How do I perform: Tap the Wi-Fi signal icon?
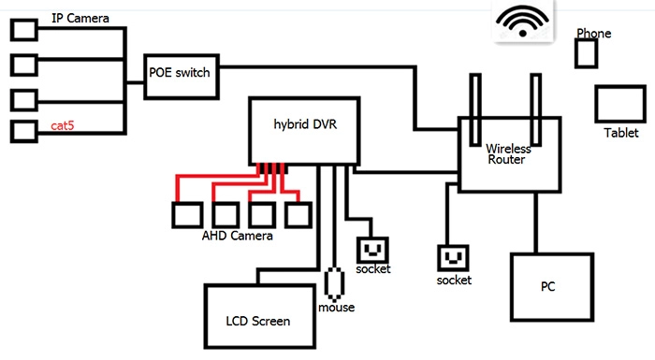click(522, 21)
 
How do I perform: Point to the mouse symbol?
click(334, 284)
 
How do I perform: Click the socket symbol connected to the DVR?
click(372, 251)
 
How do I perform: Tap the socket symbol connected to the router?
click(453, 258)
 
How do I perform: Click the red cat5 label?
click(63, 125)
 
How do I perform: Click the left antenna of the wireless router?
click(475, 109)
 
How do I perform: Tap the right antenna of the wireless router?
click(536, 109)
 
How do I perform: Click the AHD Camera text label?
click(238, 236)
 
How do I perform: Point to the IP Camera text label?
click(80, 19)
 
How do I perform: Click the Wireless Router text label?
click(507, 154)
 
